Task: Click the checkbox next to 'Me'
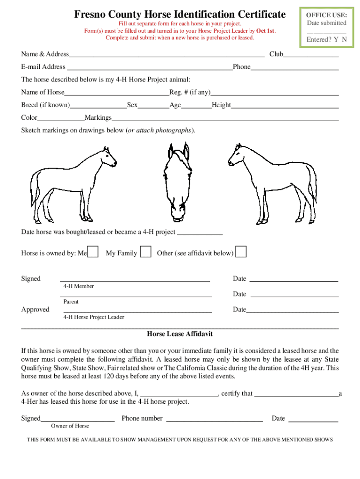[x=93, y=252]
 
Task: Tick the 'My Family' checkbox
[x=146, y=252]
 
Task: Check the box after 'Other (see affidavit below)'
[x=241, y=252]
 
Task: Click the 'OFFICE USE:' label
[x=326, y=15]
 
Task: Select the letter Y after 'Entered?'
[x=336, y=40]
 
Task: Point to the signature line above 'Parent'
[x=136, y=296]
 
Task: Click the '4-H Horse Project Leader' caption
[x=94, y=317]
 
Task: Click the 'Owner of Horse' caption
[x=70, y=426]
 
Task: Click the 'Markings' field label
[x=98, y=117]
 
